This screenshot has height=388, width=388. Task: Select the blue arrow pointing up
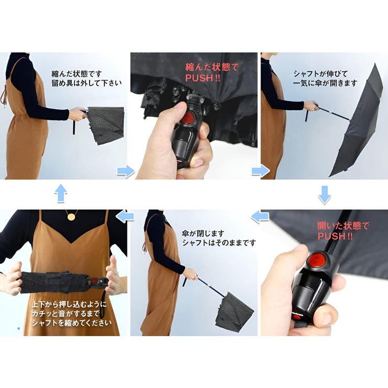pos(61,193)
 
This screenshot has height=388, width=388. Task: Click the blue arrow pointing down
pos(325,194)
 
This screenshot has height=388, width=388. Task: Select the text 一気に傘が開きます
pos(325,83)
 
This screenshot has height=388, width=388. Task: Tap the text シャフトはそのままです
pos(219,243)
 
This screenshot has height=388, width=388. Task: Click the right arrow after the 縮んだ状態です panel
pos(125,171)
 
